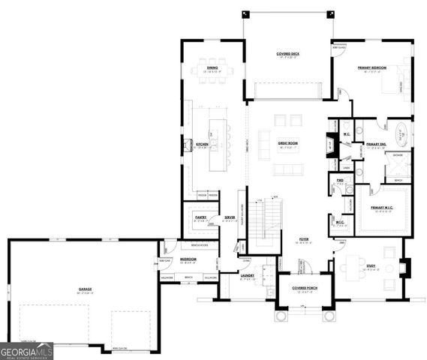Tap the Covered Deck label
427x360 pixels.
point(288,54)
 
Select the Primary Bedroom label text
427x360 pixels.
point(371,67)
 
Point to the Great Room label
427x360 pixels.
point(288,142)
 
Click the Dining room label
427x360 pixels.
point(213,68)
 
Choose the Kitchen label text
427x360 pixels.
point(202,144)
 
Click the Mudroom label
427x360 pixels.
point(188,259)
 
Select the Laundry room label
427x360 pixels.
point(247,275)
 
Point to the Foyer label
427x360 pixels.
point(305,239)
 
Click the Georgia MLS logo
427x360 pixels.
point(27,350)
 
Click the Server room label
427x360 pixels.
point(230,217)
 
